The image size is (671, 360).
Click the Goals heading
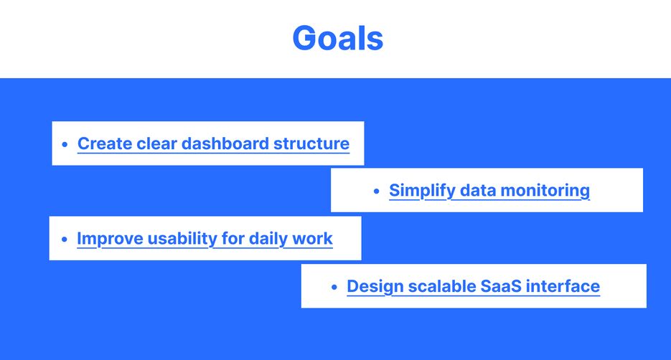coord(337,38)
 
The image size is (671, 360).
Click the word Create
coord(105,143)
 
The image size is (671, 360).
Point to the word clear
coord(156,143)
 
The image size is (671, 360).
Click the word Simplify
coord(422,191)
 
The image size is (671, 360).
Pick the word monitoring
coord(545,191)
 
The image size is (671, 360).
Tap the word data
coord(477,190)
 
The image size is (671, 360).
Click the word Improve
coord(110,239)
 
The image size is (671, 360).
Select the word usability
coord(182,239)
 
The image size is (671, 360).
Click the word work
coord(312,239)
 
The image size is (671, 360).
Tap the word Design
coord(375,286)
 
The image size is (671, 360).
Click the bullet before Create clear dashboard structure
coord(65,144)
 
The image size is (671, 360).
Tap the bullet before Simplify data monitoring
coord(377,191)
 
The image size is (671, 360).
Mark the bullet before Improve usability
coord(64,239)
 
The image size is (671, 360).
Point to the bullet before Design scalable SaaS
coord(334,287)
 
